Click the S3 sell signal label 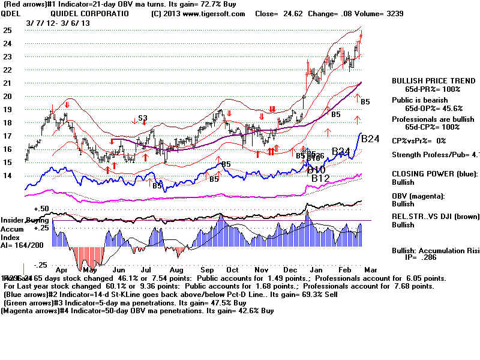143,118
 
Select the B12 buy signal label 321,178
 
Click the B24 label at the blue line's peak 371,139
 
